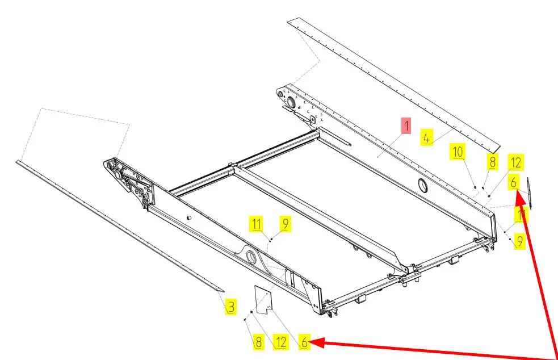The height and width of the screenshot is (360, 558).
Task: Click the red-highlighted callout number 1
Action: click(x=406, y=126)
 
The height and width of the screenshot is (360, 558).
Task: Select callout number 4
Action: click(x=427, y=137)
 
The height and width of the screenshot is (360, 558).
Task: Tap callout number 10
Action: click(x=458, y=152)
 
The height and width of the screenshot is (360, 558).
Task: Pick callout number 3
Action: click(x=231, y=306)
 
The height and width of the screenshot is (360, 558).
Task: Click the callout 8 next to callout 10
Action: click(x=492, y=162)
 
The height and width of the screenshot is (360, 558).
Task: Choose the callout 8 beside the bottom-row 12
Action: click(x=259, y=342)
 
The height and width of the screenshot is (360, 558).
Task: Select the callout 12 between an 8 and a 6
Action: click(x=281, y=342)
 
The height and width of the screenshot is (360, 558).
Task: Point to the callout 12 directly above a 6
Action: click(x=516, y=162)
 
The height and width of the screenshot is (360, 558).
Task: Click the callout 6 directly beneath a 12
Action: click(x=514, y=182)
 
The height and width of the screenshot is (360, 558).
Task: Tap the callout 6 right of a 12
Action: click(x=304, y=342)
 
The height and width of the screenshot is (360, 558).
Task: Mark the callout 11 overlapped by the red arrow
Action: click(x=521, y=215)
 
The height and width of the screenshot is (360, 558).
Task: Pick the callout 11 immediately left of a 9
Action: click(x=257, y=224)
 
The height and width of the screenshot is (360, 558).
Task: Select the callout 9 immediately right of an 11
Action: click(x=286, y=224)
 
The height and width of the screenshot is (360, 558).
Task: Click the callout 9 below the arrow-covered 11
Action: click(x=520, y=241)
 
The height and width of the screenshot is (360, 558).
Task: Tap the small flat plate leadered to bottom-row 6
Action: click(x=263, y=300)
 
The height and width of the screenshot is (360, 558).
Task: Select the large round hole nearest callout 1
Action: click(x=422, y=185)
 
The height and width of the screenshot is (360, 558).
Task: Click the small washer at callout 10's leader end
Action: click(x=475, y=187)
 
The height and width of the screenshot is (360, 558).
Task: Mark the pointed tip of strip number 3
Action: click(x=224, y=292)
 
